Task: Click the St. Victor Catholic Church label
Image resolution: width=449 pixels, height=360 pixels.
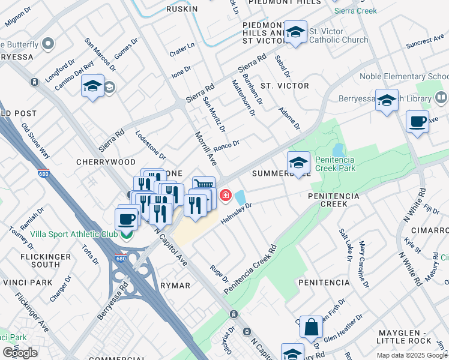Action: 339,35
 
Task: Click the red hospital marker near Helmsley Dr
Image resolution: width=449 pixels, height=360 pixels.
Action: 226,195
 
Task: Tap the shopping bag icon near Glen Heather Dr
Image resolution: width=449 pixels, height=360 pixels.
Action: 311,327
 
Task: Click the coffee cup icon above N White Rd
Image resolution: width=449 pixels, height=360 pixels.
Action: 417,122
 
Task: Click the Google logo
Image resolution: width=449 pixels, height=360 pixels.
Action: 20,352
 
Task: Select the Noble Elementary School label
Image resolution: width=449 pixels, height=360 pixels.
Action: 403,77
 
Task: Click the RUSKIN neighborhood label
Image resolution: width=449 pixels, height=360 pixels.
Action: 182,9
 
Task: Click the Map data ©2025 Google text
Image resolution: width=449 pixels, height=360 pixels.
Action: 411,355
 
